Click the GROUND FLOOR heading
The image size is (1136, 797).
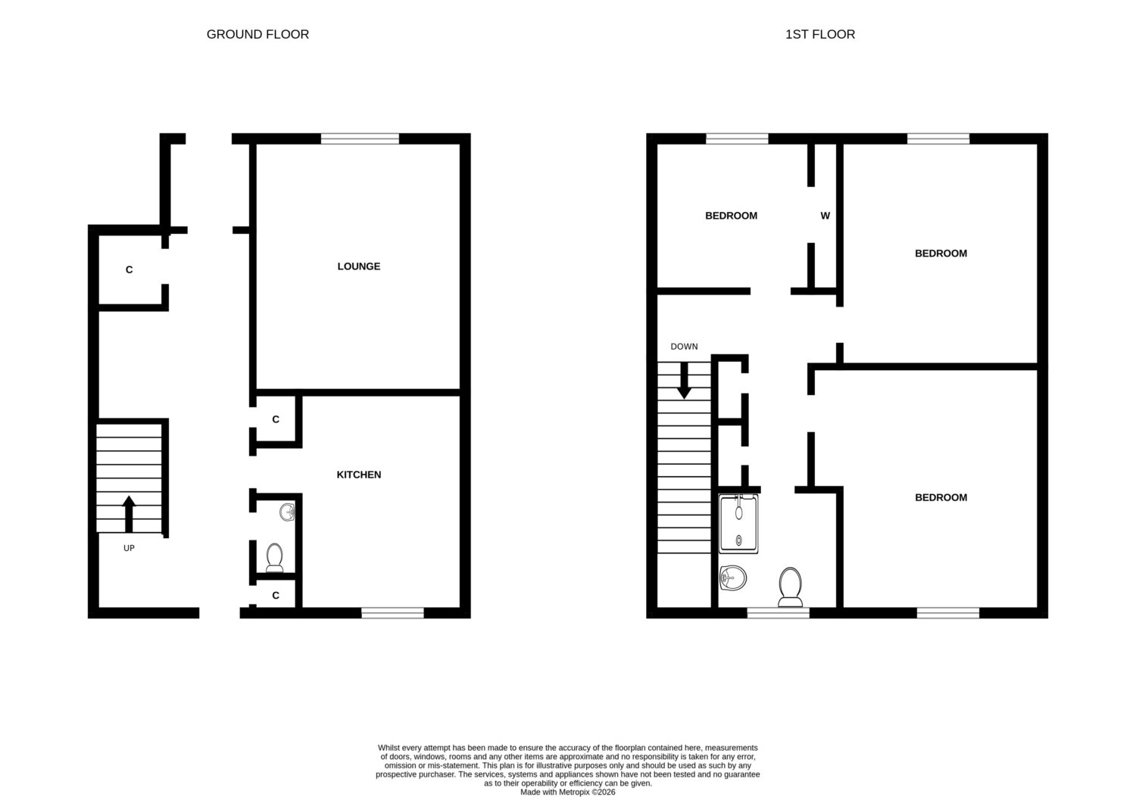pyautogui.click(x=257, y=35)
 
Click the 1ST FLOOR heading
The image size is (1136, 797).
pyautogui.click(x=820, y=35)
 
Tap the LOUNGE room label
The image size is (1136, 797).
pyautogui.click(x=358, y=266)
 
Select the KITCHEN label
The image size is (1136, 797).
pyautogui.click(x=358, y=475)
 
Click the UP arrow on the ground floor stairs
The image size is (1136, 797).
pyautogui.click(x=130, y=514)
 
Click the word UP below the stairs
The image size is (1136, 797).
pyautogui.click(x=129, y=548)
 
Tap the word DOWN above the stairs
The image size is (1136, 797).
pyautogui.click(x=684, y=347)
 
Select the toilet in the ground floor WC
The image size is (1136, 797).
pyautogui.click(x=274, y=558)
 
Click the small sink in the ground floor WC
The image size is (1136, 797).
pyautogui.click(x=287, y=512)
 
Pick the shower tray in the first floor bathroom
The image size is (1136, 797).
pyautogui.click(x=738, y=524)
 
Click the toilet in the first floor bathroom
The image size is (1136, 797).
pyautogui.click(x=790, y=587)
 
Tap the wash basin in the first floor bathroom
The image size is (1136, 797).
pyautogui.click(x=733, y=578)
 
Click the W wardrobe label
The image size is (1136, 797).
pyautogui.click(x=825, y=216)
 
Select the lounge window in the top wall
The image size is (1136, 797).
pyautogui.click(x=360, y=139)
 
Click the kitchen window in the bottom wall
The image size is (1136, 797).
pyautogui.click(x=392, y=613)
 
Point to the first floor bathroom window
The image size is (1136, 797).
pyautogui.click(x=778, y=613)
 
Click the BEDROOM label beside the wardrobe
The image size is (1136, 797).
pyautogui.click(x=731, y=216)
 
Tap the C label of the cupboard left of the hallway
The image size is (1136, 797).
pyautogui.click(x=130, y=269)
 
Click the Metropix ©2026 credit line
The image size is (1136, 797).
pyautogui.click(x=568, y=792)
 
